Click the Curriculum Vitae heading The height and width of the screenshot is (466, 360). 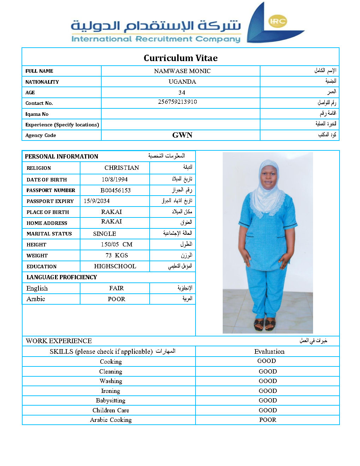180,58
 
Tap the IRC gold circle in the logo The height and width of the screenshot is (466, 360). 277,21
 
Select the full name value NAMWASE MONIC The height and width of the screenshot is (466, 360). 182,71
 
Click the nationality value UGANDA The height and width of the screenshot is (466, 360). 182,82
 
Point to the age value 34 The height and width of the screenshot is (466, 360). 182,92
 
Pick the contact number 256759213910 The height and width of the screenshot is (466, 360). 177,102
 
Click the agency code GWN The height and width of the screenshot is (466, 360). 182,135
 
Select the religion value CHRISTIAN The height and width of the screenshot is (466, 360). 122,168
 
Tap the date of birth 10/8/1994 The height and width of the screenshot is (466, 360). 115,179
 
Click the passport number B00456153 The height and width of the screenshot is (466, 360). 115,190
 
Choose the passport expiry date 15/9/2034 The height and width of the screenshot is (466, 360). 96,201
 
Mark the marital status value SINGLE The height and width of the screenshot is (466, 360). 104,234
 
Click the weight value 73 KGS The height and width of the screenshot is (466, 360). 116,255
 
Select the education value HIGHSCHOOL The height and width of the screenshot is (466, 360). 115,266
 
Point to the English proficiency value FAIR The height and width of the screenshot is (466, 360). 116,288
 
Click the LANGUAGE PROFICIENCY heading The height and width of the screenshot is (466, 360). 62,277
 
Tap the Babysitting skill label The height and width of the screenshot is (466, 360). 110,400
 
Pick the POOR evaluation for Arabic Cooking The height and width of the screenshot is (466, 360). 268,420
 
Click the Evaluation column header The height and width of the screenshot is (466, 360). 269,351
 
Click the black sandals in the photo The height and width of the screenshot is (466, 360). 264,324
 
